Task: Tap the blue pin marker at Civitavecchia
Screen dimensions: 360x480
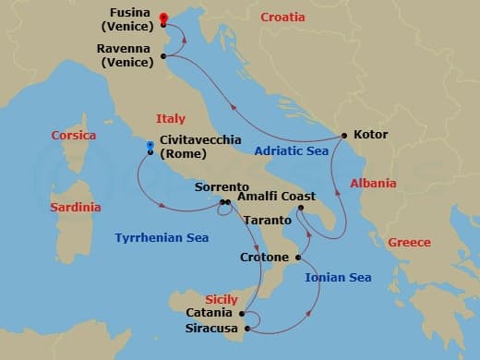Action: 150,146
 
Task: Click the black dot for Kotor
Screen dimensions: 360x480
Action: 344,136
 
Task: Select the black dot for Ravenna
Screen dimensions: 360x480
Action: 163,56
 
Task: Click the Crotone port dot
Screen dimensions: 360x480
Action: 298,257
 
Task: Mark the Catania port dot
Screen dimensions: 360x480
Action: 242,313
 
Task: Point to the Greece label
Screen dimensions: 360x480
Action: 409,243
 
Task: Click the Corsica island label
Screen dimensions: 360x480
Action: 73,135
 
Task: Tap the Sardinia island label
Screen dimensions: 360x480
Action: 75,208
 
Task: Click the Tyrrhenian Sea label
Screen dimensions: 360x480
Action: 162,238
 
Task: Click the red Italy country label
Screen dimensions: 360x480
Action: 171,119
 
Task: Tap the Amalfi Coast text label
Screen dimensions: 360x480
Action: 276,197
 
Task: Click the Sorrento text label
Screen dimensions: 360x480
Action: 222,187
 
